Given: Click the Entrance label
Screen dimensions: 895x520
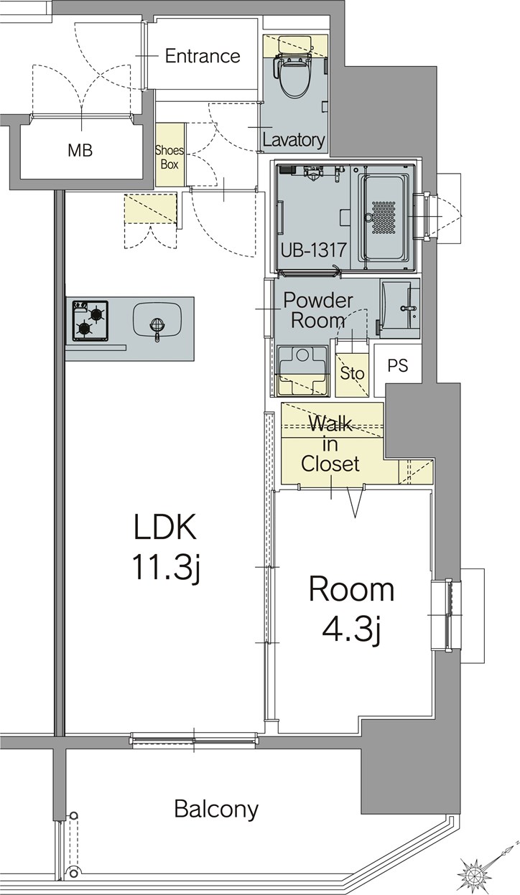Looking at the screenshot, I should click(203, 56).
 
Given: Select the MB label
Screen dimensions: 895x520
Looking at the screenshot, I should click(80, 151).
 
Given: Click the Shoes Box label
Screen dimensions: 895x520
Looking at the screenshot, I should click(170, 157).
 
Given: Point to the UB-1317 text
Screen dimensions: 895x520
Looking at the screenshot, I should click(313, 250).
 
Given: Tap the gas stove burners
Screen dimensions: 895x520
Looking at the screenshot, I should click(90, 320).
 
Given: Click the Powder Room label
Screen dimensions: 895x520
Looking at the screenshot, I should click(318, 309).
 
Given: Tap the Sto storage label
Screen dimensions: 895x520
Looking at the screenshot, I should click(352, 374).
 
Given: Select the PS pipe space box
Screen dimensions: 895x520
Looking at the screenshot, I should click(397, 365).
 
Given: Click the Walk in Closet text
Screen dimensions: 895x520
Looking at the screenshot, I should click(330, 444).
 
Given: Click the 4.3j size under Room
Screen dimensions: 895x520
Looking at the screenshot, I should click(350, 629).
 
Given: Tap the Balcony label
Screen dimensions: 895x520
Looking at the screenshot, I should click(216, 810).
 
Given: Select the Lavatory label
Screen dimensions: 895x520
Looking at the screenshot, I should click(293, 139).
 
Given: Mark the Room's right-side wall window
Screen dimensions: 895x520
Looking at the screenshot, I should click(447, 615).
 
